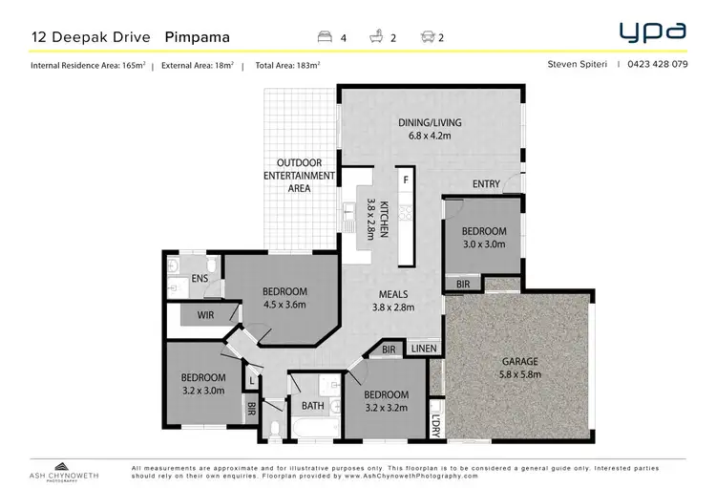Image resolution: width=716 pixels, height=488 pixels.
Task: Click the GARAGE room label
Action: pos(521,362)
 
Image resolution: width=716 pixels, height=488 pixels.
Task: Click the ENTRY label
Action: pos(487,184)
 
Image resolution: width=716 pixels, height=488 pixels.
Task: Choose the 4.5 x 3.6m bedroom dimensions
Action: pos(285,306)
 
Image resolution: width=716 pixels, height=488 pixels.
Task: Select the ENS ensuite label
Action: pos(200,278)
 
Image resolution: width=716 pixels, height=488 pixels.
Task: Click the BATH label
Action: pos(314,406)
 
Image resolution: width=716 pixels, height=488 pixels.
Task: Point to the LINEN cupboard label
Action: pos(424,350)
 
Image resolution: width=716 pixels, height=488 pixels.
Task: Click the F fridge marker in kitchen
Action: pos(406,180)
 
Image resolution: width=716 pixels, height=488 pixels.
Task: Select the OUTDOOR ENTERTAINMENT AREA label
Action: pos(300,176)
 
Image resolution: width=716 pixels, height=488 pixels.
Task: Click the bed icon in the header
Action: pos(325,38)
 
